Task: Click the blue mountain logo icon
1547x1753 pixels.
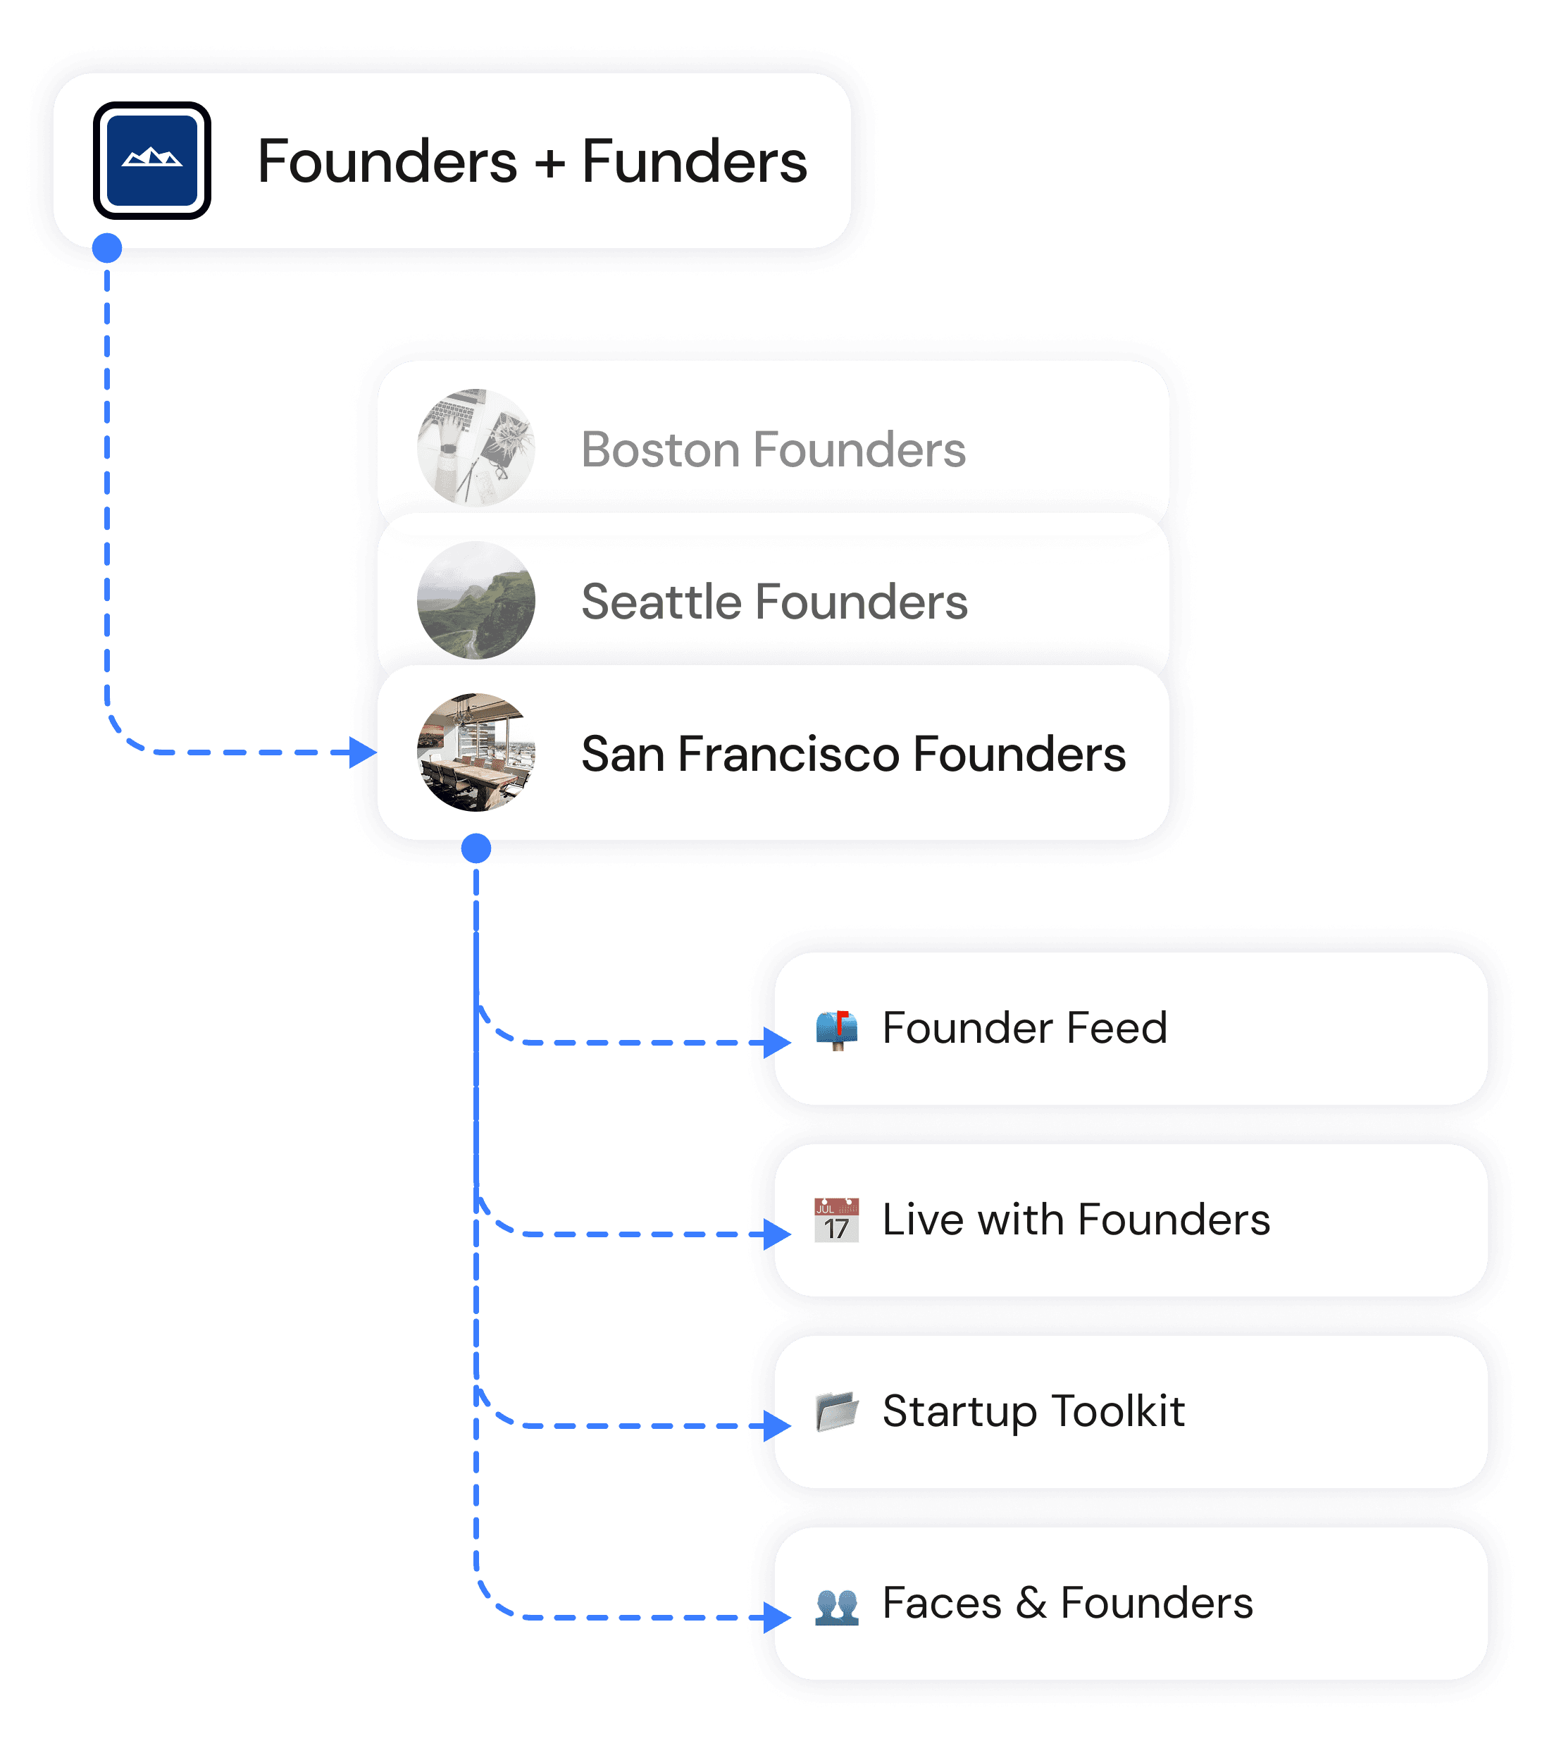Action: [x=151, y=161]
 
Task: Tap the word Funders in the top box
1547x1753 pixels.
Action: [x=694, y=161]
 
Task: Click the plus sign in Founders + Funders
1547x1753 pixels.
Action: [x=549, y=163]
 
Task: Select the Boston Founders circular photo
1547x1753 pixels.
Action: [x=476, y=447]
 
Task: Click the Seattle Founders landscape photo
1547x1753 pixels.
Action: [x=476, y=600]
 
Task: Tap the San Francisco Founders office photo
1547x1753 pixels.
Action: [x=476, y=752]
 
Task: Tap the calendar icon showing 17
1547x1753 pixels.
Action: [x=836, y=1220]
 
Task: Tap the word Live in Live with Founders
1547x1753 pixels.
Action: [x=922, y=1220]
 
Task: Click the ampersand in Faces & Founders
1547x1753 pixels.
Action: [x=1031, y=1603]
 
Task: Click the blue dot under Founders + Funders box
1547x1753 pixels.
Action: [x=107, y=249]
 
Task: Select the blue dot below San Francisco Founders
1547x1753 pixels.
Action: [x=476, y=848]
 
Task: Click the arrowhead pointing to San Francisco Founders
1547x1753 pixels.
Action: [x=364, y=752]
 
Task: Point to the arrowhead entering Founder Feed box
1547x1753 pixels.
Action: [x=777, y=1043]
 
